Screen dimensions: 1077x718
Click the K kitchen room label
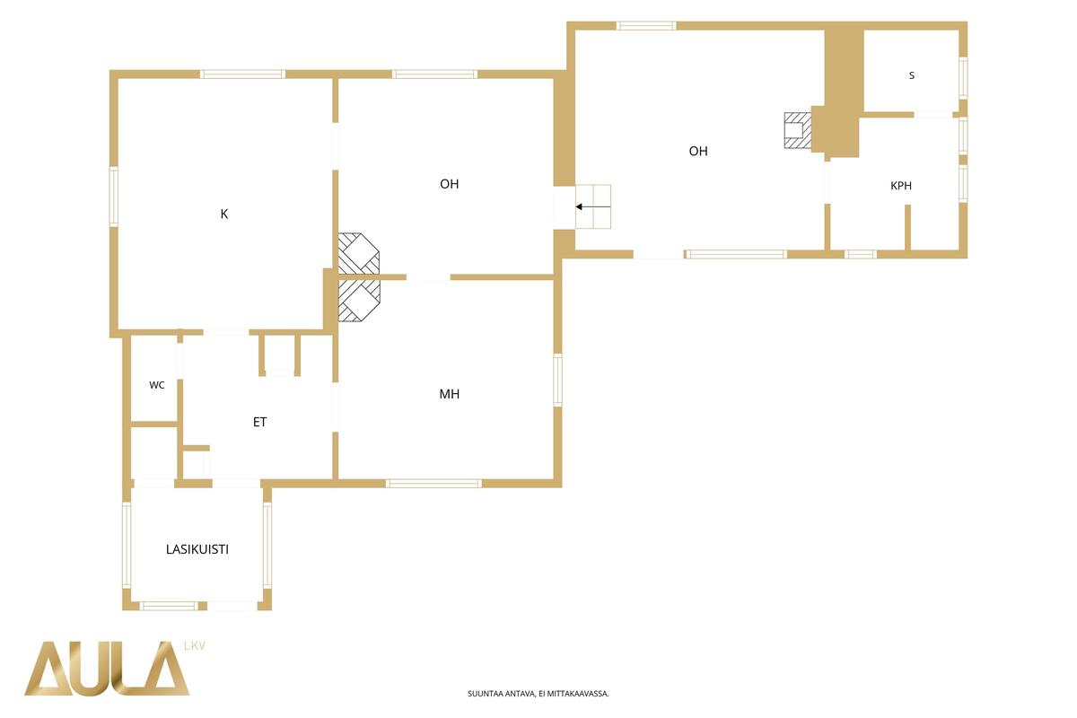(x=224, y=214)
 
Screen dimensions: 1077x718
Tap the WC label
(x=157, y=385)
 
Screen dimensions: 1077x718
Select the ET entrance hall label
(x=259, y=422)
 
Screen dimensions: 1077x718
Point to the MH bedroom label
(x=449, y=394)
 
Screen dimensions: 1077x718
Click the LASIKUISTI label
(x=197, y=549)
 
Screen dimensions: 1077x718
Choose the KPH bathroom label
(x=901, y=186)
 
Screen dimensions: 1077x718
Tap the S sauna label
(x=912, y=75)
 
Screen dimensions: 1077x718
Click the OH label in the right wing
(x=698, y=152)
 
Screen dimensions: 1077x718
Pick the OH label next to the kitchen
(x=449, y=184)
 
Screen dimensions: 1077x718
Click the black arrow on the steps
(x=593, y=206)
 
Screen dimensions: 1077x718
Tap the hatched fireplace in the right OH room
(x=798, y=130)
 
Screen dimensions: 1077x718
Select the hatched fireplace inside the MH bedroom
(x=359, y=301)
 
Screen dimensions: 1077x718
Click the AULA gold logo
(x=107, y=669)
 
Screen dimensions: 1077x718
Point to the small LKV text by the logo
(x=195, y=646)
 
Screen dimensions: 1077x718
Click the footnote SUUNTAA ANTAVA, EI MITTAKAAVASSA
(x=538, y=694)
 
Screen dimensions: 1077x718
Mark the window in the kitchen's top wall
(x=243, y=74)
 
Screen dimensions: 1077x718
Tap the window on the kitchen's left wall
(x=114, y=197)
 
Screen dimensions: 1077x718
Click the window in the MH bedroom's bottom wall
(x=433, y=484)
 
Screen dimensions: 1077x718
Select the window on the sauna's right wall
(x=963, y=78)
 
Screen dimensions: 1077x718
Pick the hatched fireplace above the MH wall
(x=359, y=254)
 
